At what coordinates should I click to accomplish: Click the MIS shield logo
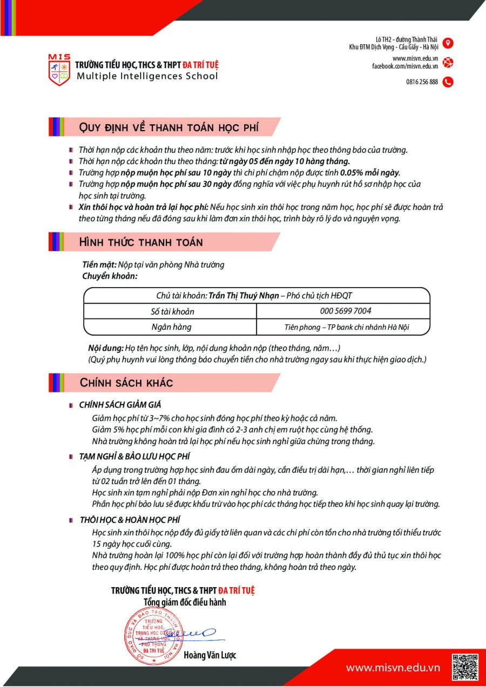coord(59,70)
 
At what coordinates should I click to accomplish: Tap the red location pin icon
coord(448,43)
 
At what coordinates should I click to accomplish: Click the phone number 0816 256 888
coord(422,82)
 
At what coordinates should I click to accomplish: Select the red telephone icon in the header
coord(448,82)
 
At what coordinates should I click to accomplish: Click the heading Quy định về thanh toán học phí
coord(168,127)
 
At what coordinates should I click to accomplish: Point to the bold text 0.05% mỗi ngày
coord(370,173)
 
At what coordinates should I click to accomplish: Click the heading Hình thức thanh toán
coord(141,242)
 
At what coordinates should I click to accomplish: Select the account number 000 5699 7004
coord(346,311)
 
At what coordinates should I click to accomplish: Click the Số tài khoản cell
coord(172,311)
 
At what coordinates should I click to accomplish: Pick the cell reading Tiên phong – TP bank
coord(346,327)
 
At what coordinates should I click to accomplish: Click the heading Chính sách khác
coord(126,383)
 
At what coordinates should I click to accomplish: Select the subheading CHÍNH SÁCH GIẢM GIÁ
coord(120,404)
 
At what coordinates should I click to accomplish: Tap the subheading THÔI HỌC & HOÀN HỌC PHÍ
coord(130,520)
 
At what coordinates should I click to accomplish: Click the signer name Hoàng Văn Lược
coord(210,656)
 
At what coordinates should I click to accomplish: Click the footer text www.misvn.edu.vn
coord(393,668)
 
